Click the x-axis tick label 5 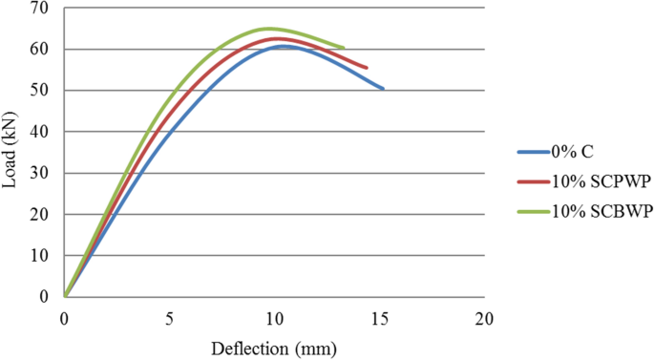tap(170, 317)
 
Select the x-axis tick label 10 tap(275, 317)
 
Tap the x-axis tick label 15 tap(380, 317)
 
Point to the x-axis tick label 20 tap(485, 317)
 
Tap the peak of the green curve tap(268, 29)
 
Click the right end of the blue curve tap(383, 89)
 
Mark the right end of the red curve tap(367, 68)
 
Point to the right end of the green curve tap(344, 48)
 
